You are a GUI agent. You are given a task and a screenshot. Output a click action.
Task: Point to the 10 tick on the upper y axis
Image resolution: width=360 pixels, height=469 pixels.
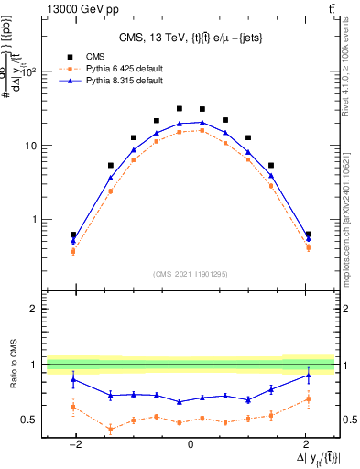[x=34, y=146]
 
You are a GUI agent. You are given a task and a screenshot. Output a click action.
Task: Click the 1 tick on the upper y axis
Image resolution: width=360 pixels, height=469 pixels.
[x=37, y=220]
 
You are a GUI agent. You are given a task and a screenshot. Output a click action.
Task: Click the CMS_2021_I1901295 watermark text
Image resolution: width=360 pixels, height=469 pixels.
[x=191, y=274]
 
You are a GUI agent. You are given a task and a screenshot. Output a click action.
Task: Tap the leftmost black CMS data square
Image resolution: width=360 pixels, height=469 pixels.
[x=73, y=234]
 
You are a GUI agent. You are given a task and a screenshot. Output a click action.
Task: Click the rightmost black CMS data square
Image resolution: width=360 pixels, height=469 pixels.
[x=308, y=234]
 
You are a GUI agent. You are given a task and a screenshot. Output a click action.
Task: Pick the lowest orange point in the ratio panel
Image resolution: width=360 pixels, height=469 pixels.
[x=111, y=429]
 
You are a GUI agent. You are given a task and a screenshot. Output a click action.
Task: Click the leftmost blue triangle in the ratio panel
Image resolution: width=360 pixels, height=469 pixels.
[x=73, y=379]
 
